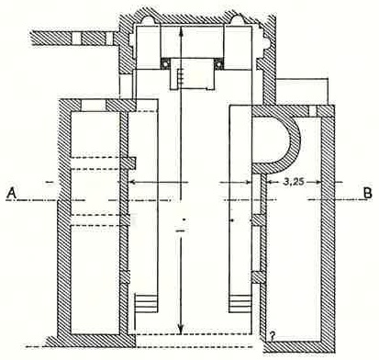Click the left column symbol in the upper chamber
click(x=165, y=64)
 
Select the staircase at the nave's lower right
click(x=241, y=303)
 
